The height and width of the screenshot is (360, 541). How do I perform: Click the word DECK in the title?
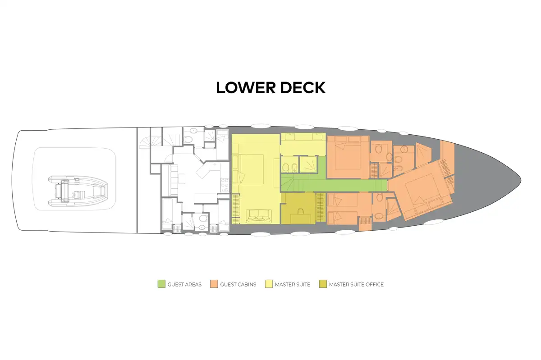click(x=303, y=88)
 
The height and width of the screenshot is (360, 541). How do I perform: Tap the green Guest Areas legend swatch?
click(x=161, y=284)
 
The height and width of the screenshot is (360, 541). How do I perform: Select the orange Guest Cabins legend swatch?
click(x=214, y=284)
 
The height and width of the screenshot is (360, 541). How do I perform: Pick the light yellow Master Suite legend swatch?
click(x=269, y=284)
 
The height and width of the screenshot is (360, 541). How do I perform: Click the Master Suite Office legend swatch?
click(x=323, y=284)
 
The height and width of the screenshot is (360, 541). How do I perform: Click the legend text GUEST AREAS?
click(x=184, y=285)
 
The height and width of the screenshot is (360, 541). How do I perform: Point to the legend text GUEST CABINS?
click(x=238, y=285)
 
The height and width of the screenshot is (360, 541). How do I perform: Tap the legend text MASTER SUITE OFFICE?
click(x=356, y=285)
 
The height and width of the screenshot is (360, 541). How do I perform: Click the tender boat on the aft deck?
click(x=78, y=191)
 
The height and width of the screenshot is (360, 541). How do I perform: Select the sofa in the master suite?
click(x=259, y=216)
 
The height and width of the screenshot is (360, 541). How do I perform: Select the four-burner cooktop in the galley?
click(x=225, y=185)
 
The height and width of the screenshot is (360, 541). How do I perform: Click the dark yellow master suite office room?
click(x=298, y=208)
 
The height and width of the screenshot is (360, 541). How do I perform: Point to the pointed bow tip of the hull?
click(x=521, y=180)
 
